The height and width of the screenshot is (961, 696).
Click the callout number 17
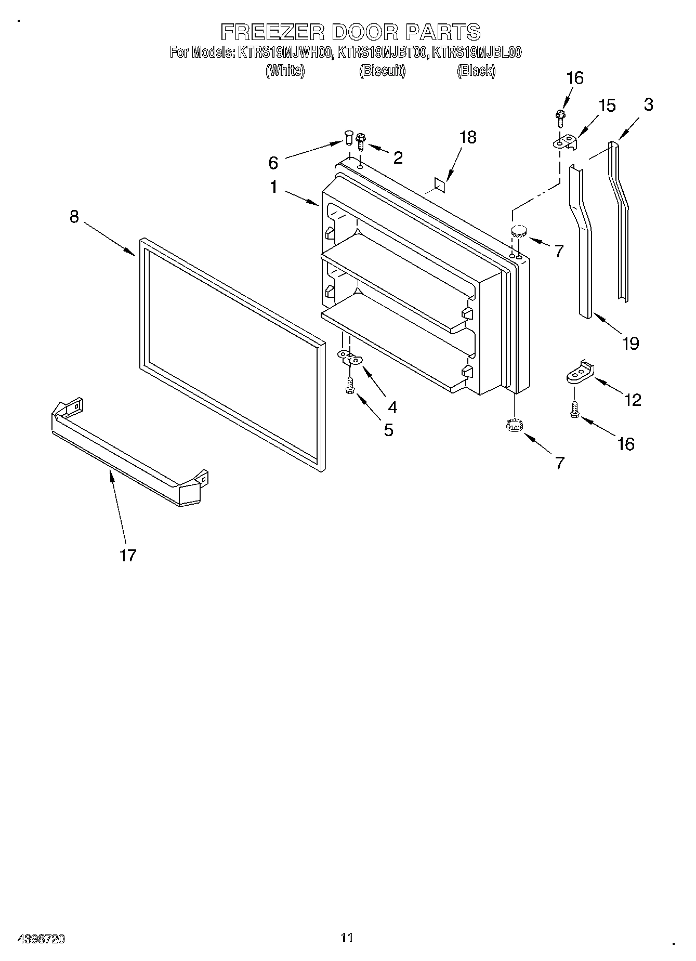coord(128,555)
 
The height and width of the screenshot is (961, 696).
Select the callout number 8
coord(74,216)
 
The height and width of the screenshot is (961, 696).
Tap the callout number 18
coord(468,137)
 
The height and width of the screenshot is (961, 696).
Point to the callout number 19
coord(631,343)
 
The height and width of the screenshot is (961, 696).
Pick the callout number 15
coord(607,106)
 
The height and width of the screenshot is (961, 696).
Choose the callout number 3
coord(648,104)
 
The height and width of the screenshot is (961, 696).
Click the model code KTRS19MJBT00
coord(382,52)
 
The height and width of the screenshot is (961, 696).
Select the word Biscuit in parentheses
coord(382,71)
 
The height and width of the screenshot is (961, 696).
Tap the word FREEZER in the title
coord(272,32)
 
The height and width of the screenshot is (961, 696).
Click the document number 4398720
coord(41,939)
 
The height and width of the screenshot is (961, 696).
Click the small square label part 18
coord(440,184)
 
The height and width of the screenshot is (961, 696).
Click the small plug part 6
coord(349,138)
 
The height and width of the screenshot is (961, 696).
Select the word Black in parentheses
coord(476,71)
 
